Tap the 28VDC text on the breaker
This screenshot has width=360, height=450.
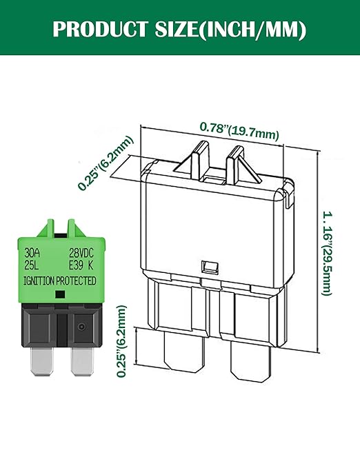pyautogui.click(x=81, y=252)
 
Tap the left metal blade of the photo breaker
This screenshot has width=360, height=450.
pyautogui.click(x=43, y=361)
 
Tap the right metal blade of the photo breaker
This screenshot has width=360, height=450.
pyautogui.click(x=81, y=361)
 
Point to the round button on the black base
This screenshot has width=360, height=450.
pyautogui.click(x=81, y=327)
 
